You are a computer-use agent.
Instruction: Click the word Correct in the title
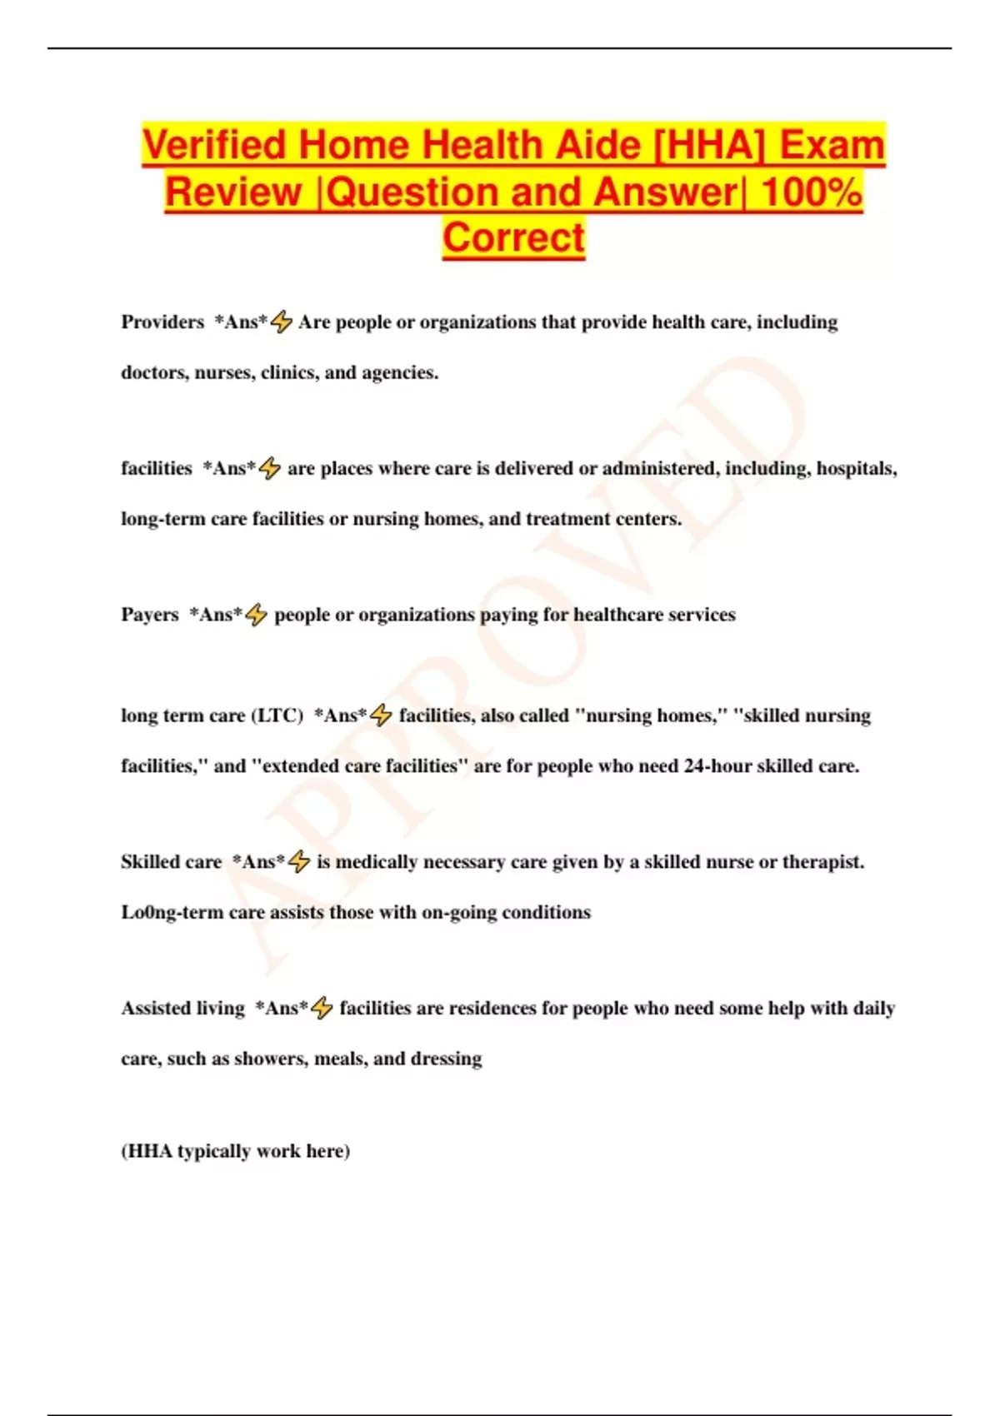[x=513, y=237]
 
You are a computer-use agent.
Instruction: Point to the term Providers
[x=162, y=322]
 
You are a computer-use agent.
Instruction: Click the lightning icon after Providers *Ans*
[x=282, y=322]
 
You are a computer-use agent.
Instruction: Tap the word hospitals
[x=857, y=469]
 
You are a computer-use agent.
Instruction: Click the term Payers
[x=150, y=615]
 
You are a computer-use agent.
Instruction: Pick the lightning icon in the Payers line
[x=257, y=615]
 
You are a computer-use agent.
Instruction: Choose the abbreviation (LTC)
[x=277, y=715]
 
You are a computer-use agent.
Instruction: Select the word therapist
[x=822, y=862]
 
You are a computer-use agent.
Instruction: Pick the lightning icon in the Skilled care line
[x=299, y=862]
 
